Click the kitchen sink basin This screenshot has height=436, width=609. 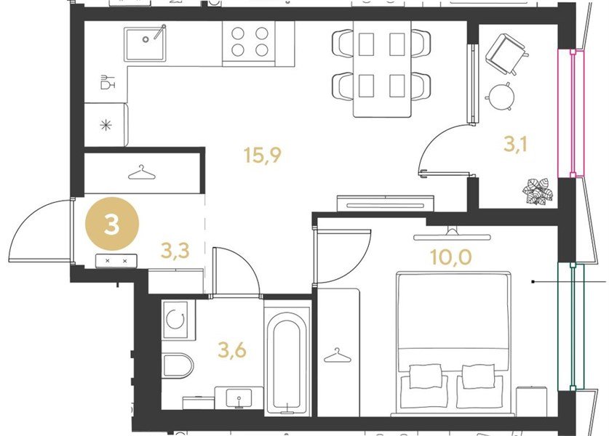point(145,44)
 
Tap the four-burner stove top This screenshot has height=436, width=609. point(249,41)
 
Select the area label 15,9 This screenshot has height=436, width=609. point(262,156)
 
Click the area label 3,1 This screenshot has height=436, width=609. point(515,144)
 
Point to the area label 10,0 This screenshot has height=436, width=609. point(450,257)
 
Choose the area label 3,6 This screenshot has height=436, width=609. point(232,350)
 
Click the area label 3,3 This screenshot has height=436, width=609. point(175,251)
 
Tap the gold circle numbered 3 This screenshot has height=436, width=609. point(112,224)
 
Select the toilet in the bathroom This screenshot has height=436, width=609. point(178,365)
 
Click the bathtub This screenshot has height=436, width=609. point(287,363)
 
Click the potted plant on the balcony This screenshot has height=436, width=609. point(538,191)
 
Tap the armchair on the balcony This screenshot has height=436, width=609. point(507,54)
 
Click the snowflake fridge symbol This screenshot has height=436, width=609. point(106,125)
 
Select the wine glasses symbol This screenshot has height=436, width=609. point(108,82)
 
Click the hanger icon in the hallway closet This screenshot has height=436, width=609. point(142,173)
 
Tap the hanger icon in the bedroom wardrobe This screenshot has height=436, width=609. point(337,355)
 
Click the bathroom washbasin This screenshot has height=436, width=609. point(239,397)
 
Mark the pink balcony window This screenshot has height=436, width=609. point(571,113)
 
